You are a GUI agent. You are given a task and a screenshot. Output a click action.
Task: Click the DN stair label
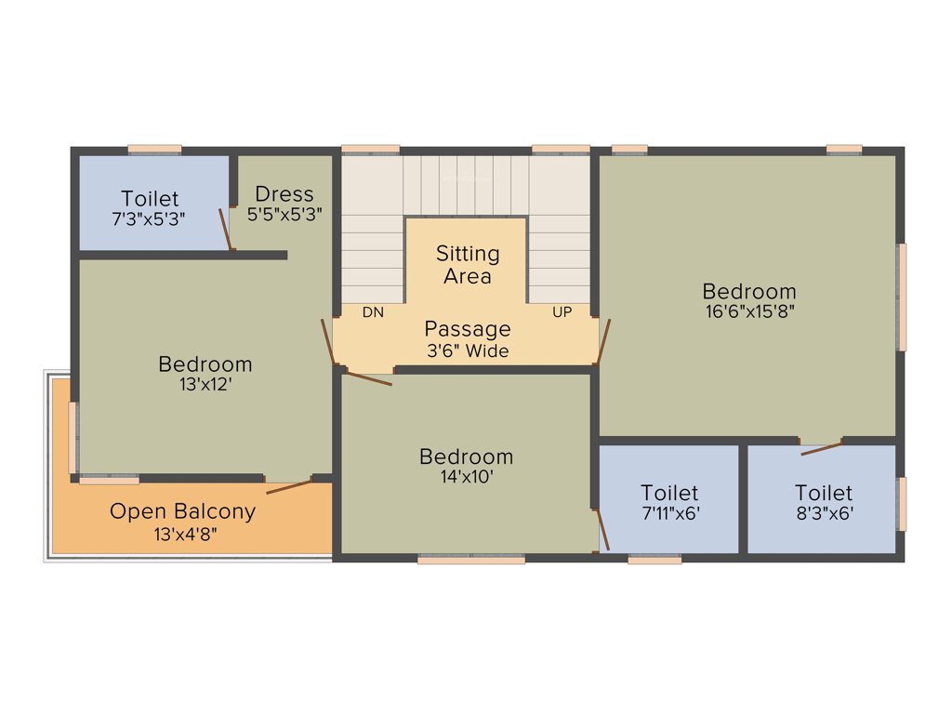point(373,312)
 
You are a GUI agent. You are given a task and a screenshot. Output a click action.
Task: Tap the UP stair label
point(562,312)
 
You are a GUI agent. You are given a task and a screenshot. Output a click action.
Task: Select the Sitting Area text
point(468,265)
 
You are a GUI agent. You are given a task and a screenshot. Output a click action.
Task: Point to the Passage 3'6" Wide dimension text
point(468,351)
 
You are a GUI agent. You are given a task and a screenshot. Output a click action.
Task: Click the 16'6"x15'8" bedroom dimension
point(749,311)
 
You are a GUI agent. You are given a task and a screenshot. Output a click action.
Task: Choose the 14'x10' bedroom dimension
point(466,477)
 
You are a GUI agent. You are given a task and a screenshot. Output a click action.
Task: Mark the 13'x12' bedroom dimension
point(205,383)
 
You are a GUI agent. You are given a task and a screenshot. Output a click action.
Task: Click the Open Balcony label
point(182,511)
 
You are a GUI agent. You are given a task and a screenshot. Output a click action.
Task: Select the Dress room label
point(284,194)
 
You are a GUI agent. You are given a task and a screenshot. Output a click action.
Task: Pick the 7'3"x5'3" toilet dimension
point(150,219)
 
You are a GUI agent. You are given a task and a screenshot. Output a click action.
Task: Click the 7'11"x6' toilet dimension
point(669,512)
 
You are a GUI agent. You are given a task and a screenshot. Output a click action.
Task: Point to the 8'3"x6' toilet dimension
point(824,512)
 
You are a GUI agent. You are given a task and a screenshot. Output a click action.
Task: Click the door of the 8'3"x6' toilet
point(822,448)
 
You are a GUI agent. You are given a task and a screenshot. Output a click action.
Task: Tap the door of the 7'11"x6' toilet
point(602,528)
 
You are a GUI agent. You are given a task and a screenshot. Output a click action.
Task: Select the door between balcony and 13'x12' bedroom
point(288,485)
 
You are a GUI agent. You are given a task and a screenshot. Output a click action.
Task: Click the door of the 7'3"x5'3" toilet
point(224,229)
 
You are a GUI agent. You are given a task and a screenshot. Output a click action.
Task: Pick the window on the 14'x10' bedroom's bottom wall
point(471,560)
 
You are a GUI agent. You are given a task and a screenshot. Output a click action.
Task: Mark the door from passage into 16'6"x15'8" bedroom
point(603,341)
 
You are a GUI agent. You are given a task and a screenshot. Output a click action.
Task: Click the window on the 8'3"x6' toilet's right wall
point(901,503)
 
